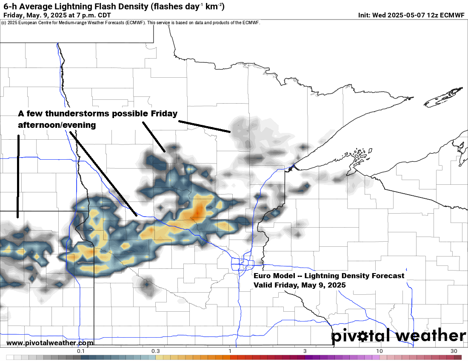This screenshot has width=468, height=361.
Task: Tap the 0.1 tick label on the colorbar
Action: (x=81, y=351)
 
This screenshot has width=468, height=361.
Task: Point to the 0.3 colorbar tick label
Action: (x=155, y=351)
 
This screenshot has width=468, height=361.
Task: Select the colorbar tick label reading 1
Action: (x=230, y=351)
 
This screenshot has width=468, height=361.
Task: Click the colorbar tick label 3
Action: (x=305, y=351)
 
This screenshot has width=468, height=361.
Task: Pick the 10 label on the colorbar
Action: (x=379, y=351)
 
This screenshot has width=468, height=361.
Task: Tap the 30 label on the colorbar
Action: (x=454, y=351)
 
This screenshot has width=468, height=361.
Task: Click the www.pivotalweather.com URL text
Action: (x=50, y=343)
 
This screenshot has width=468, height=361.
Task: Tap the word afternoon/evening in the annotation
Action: (x=57, y=125)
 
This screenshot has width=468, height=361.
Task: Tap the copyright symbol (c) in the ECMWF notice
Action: (x=4, y=23)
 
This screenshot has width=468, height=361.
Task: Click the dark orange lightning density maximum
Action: (x=198, y=210)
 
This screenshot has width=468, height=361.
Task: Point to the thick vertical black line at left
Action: (x=18, y=176)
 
